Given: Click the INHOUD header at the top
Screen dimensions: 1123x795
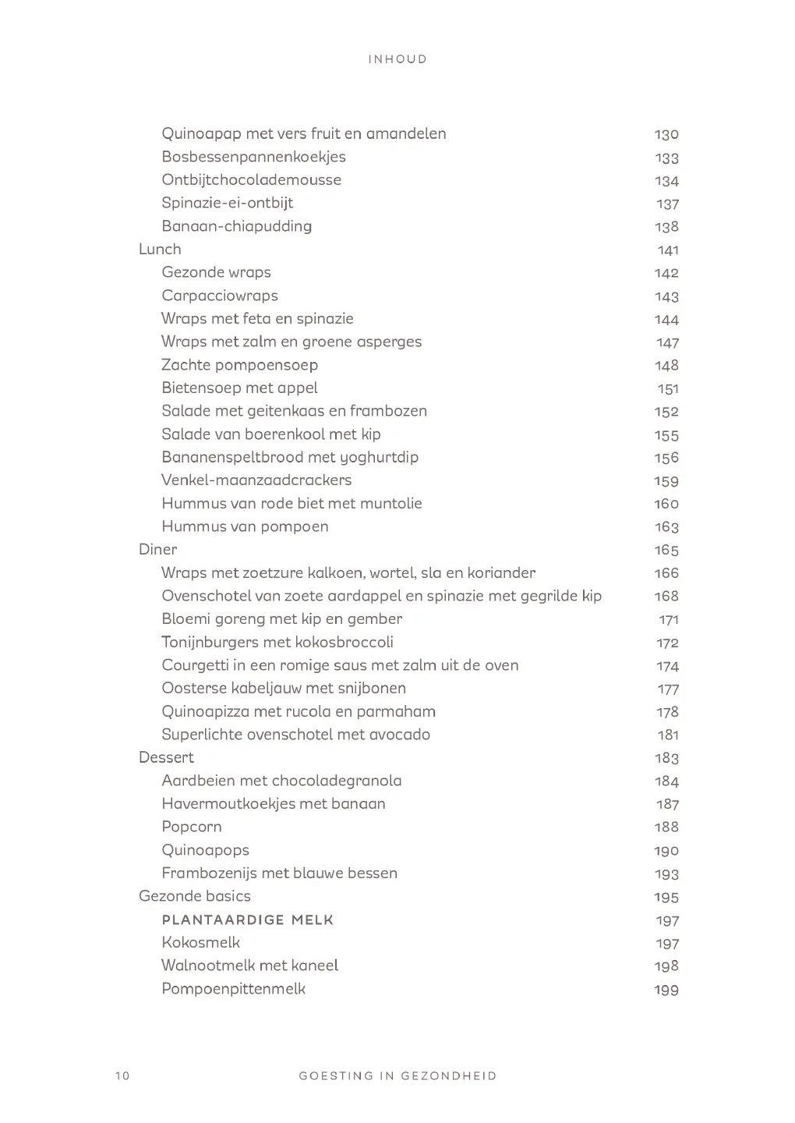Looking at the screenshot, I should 397,59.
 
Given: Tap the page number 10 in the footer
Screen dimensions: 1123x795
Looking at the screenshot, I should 122,1076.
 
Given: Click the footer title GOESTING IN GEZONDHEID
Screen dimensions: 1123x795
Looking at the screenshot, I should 397,1076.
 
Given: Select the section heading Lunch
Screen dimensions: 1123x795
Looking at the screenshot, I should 160,250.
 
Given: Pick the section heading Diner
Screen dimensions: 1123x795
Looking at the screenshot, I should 157,550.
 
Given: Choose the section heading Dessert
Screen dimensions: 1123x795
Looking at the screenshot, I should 166,758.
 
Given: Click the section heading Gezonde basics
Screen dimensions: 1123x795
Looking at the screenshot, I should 195,897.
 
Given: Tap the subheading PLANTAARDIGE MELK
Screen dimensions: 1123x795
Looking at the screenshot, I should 248,920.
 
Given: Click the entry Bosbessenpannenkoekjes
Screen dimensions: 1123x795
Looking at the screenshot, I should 253,157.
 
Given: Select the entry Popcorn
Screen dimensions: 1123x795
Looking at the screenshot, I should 192,827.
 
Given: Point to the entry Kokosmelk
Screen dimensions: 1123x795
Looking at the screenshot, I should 200,943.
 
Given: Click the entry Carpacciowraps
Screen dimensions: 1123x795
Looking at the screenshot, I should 220,296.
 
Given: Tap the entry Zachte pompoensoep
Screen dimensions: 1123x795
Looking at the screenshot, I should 239,365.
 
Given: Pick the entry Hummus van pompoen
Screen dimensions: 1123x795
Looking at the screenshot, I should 245,527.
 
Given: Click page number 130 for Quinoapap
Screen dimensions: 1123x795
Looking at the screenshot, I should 666,134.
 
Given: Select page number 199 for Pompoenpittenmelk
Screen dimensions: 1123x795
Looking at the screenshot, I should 666,990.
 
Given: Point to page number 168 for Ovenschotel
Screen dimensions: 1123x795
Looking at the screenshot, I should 666,597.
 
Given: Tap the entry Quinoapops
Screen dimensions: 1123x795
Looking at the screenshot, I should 205,851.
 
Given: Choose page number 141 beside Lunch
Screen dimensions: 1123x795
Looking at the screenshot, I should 668,250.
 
